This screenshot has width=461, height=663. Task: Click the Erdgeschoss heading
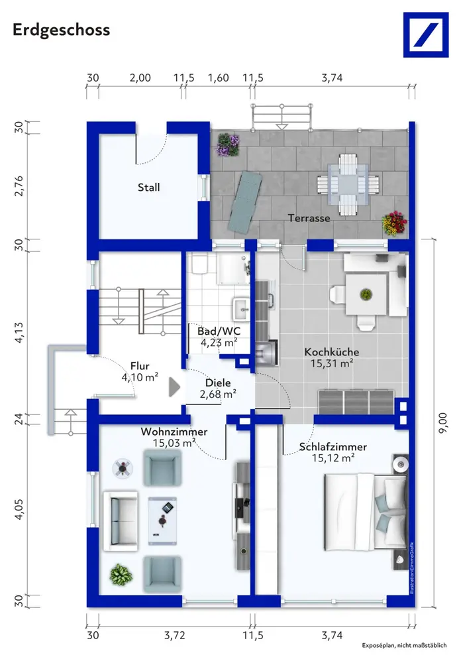[x=62, y=30]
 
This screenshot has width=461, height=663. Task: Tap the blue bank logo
[x=425, y=34]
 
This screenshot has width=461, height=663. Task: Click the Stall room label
[x=149, y=188]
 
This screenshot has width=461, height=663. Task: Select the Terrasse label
[x=309, y=218]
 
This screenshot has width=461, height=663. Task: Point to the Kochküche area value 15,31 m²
[x=332, y=363]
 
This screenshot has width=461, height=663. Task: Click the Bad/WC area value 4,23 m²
[x=219, y=342]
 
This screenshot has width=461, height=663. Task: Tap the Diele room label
[x=218, y=383]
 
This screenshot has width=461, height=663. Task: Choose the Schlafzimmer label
[x=333, y=447]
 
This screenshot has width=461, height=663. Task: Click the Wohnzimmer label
[x=174, y=432]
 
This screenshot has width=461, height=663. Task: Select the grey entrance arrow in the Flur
[x=174, y=387]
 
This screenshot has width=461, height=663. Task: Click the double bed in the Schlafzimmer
[x=366, y=512]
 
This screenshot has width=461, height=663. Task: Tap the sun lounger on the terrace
[x=244, y=202]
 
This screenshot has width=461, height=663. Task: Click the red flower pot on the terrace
[x=393, y=223]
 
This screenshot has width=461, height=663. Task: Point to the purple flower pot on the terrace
[x=228, y=145]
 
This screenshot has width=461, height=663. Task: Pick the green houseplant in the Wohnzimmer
[x=121, y=575]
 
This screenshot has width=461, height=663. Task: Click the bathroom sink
[x=242, y=309]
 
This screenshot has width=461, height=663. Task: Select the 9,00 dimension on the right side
[x=442, y=423]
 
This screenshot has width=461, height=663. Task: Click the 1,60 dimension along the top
[x=219, y=78]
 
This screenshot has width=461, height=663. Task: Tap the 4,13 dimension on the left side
[x=19, y=332]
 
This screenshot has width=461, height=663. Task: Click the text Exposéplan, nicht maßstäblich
[x=404, y=645]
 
